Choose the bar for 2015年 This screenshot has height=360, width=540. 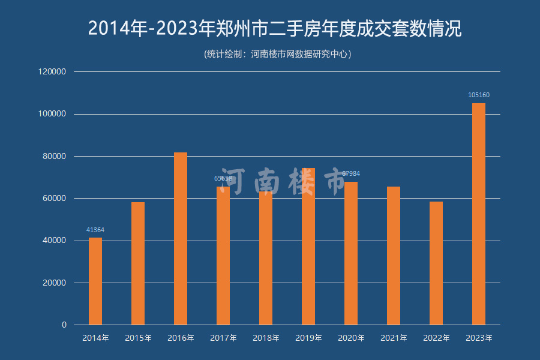[138, 263]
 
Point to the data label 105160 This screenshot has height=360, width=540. [479, 95]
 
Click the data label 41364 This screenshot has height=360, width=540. [95, 230]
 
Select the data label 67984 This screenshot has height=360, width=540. [351, 173]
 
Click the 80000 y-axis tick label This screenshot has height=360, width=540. [53, 156]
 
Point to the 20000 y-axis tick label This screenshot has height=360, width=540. [53, 283]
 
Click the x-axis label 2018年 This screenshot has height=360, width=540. [266, 338]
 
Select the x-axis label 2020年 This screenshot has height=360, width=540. [351, 338]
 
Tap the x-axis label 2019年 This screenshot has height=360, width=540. [308, 338]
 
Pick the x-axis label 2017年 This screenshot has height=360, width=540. [223, 338]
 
